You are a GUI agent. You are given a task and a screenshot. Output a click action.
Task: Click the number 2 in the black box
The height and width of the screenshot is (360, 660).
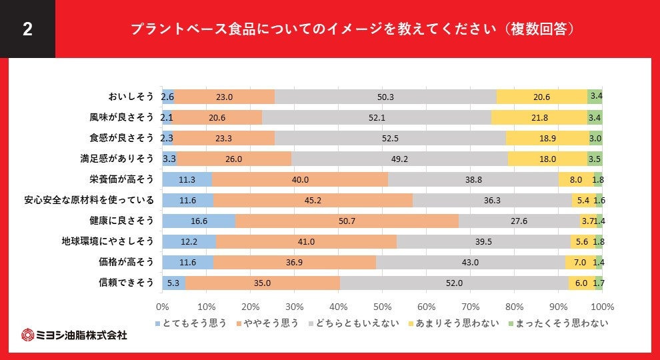coord(27,29)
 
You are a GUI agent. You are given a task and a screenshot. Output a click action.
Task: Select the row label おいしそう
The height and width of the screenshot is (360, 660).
coord(131,97)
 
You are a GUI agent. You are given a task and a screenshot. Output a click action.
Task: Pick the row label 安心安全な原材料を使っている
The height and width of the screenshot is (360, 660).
coord(89,200)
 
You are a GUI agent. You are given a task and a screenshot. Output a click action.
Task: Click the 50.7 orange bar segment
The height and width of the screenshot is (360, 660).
coord(347,221)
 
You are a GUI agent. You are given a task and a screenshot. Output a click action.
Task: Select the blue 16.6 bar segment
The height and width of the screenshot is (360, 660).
coord(199,221)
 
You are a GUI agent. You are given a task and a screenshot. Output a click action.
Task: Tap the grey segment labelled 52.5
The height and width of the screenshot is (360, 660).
coord(390,138)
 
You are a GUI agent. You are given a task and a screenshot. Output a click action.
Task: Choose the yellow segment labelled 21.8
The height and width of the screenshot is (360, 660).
coord(539,117)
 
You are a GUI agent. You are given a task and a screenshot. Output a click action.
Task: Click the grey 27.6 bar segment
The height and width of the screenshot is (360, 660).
coord(519,221)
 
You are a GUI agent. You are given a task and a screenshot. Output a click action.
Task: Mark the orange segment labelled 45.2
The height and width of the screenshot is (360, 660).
coord(313,200)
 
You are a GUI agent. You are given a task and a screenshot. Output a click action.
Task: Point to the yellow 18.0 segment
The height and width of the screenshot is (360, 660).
coord(547,159)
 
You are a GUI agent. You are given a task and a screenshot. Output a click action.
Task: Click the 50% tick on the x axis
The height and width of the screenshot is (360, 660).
coord(383,307)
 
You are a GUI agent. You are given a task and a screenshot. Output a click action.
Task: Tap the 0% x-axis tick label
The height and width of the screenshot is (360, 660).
coord(162,307)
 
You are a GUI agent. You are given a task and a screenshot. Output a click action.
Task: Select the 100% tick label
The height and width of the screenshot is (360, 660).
coord(603,307)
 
